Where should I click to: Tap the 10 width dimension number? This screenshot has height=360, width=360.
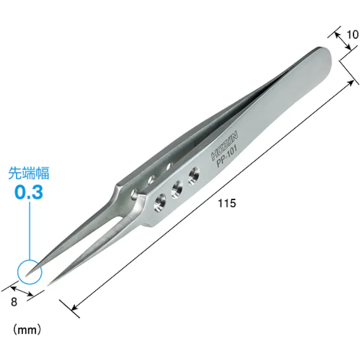352,35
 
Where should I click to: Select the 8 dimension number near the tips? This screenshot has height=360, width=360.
14,302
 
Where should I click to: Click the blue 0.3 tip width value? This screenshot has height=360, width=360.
29,193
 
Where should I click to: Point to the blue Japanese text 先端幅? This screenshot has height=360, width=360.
29,174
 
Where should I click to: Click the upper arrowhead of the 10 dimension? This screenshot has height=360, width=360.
337,35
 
